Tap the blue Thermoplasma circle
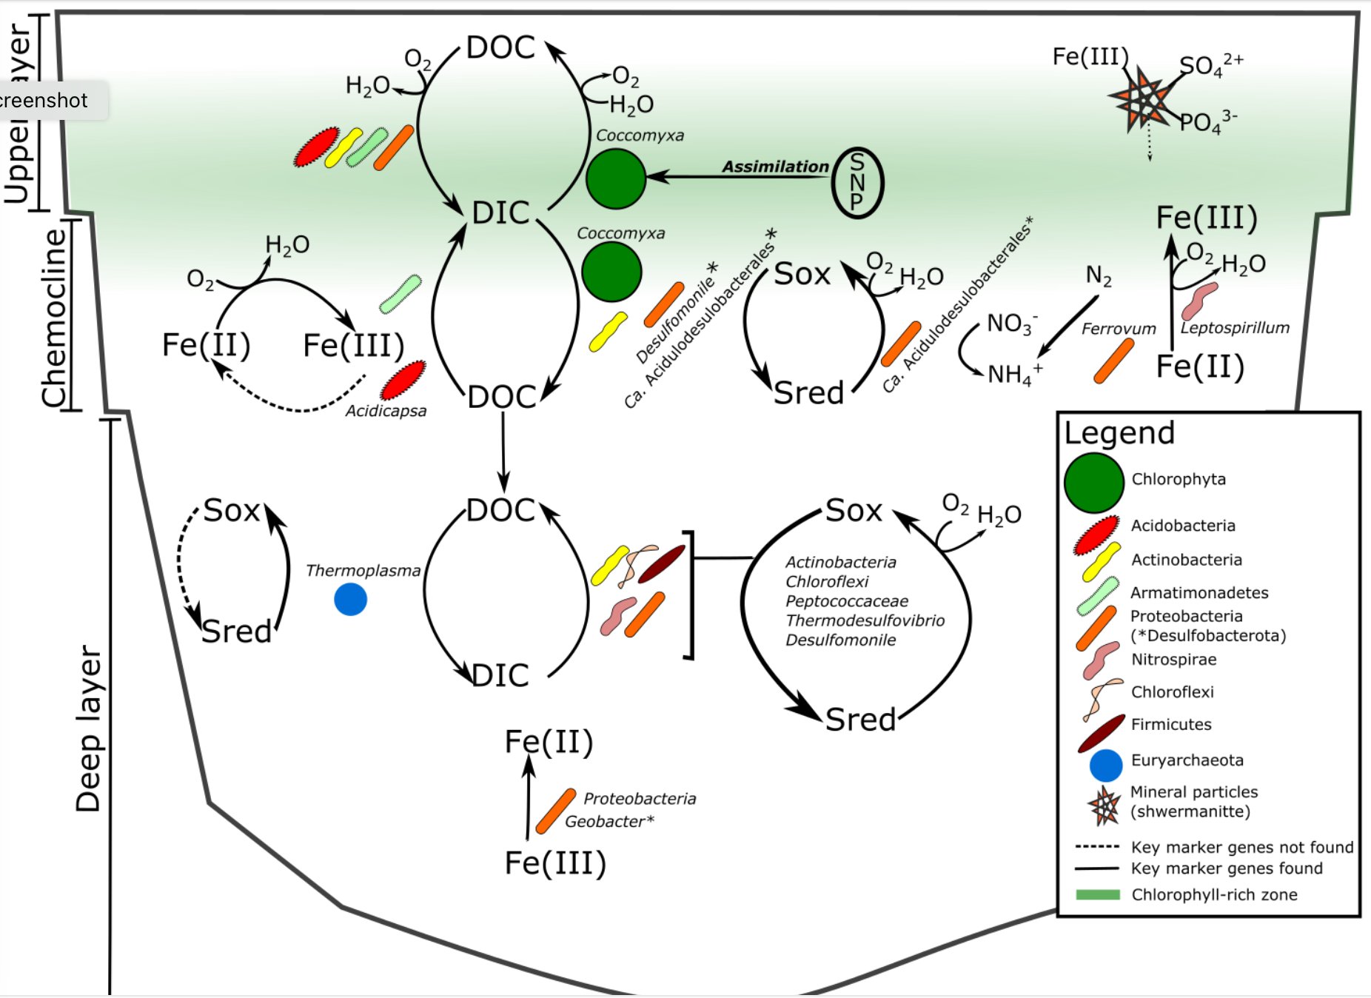click(x=351, y=599)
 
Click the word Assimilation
click(x=775, y=167)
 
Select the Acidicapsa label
click(x=386, y=411)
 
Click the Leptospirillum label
click(x=1235, y=328)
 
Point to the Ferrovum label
click(x=1119, y=329)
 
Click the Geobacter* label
click(x=609, y=821)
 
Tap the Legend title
click(x=1119, y=433)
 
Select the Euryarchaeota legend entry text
click(x=1187, y=760)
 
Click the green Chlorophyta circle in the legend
click(x=1094, y=483)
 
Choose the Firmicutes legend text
click(x=1171, y=725)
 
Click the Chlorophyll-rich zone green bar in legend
click(x=1098, y=894)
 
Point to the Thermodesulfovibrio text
click(x=865, y=620)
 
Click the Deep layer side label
click(x=89, y=729)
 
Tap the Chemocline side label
click(x=55, y=318)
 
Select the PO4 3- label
click(x=1208, y=121)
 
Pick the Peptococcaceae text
click(x=847, y=601)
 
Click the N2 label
click(x=1099, y=277)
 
